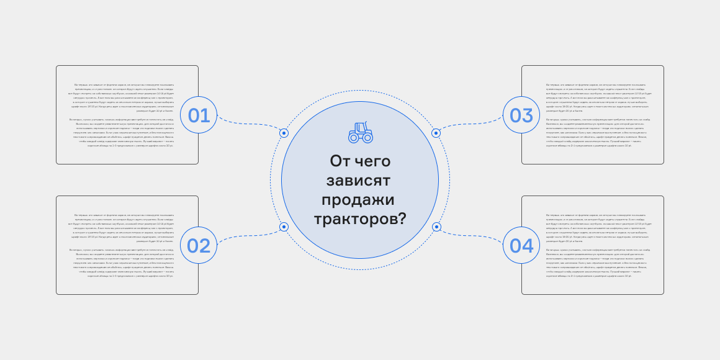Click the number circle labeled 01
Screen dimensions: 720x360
coord(199,115)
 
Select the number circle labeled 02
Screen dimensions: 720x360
coord(199,246)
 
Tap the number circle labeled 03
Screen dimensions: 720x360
coord(521,115)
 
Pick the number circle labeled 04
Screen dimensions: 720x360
coord(521,246)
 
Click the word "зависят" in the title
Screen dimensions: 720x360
coord(359,181)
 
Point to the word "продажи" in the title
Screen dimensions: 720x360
coord(359,200)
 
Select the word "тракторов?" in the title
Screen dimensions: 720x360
coord(360,219)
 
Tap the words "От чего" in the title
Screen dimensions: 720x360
coord(360,161)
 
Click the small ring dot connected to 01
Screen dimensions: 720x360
coord(284,133)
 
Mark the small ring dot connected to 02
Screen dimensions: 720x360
coord(284,227)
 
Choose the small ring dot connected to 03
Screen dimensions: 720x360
coord(436,133)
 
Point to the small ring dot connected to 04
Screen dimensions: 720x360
coord(436,227)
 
